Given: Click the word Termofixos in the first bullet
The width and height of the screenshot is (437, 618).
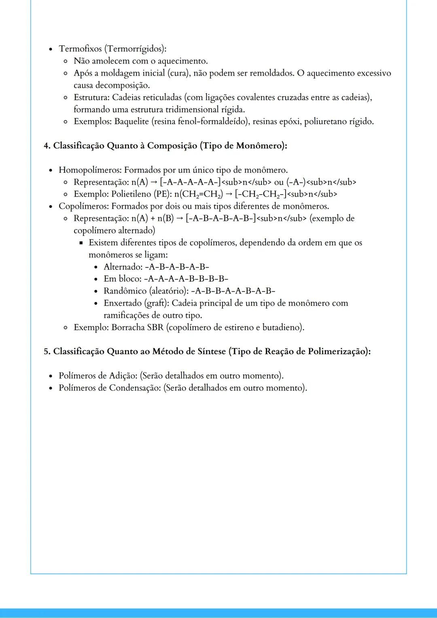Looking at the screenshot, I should point(80,49).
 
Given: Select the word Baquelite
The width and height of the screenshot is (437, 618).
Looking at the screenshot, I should point(131,121).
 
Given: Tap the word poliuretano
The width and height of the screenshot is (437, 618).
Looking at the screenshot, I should point(325,121).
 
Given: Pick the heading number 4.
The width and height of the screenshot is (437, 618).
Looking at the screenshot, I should point(47,146).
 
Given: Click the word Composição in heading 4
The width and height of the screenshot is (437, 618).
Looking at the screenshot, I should point(172,146).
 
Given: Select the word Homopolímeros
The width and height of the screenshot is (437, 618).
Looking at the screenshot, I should point(90,170).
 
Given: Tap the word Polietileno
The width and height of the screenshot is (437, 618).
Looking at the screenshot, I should point(131,194).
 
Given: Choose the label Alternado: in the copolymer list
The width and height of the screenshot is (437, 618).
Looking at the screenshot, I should point(123,267).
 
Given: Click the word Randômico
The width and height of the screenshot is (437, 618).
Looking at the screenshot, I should point(125,291).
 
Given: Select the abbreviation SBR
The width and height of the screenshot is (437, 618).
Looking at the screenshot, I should point(155,327).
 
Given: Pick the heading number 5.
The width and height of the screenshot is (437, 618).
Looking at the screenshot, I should point(47,351).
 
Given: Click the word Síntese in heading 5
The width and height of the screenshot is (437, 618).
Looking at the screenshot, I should point(211,351).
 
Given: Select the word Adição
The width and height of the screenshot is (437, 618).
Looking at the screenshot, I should point(123,376).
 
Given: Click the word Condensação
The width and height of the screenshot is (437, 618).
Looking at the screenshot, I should point(135,388).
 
